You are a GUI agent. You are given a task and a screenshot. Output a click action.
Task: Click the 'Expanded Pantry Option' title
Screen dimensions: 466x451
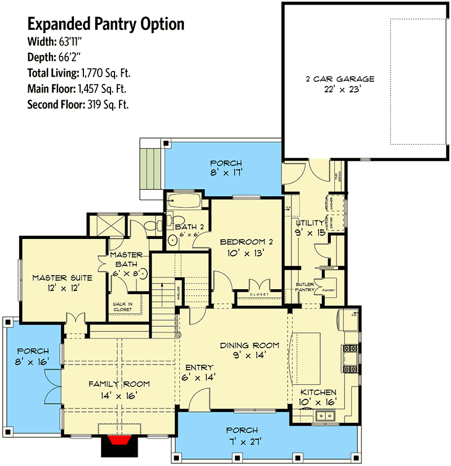[x=106, y=24]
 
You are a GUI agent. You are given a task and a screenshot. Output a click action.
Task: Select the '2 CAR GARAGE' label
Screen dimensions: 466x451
[x=338, y=79]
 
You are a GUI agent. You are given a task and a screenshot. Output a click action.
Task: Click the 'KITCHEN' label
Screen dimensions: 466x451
[x=318, y=392]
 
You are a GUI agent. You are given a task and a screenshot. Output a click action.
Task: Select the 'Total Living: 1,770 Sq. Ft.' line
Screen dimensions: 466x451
[x=79, y=73]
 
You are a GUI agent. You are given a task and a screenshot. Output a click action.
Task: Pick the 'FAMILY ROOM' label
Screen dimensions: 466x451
[x=119, y=384]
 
